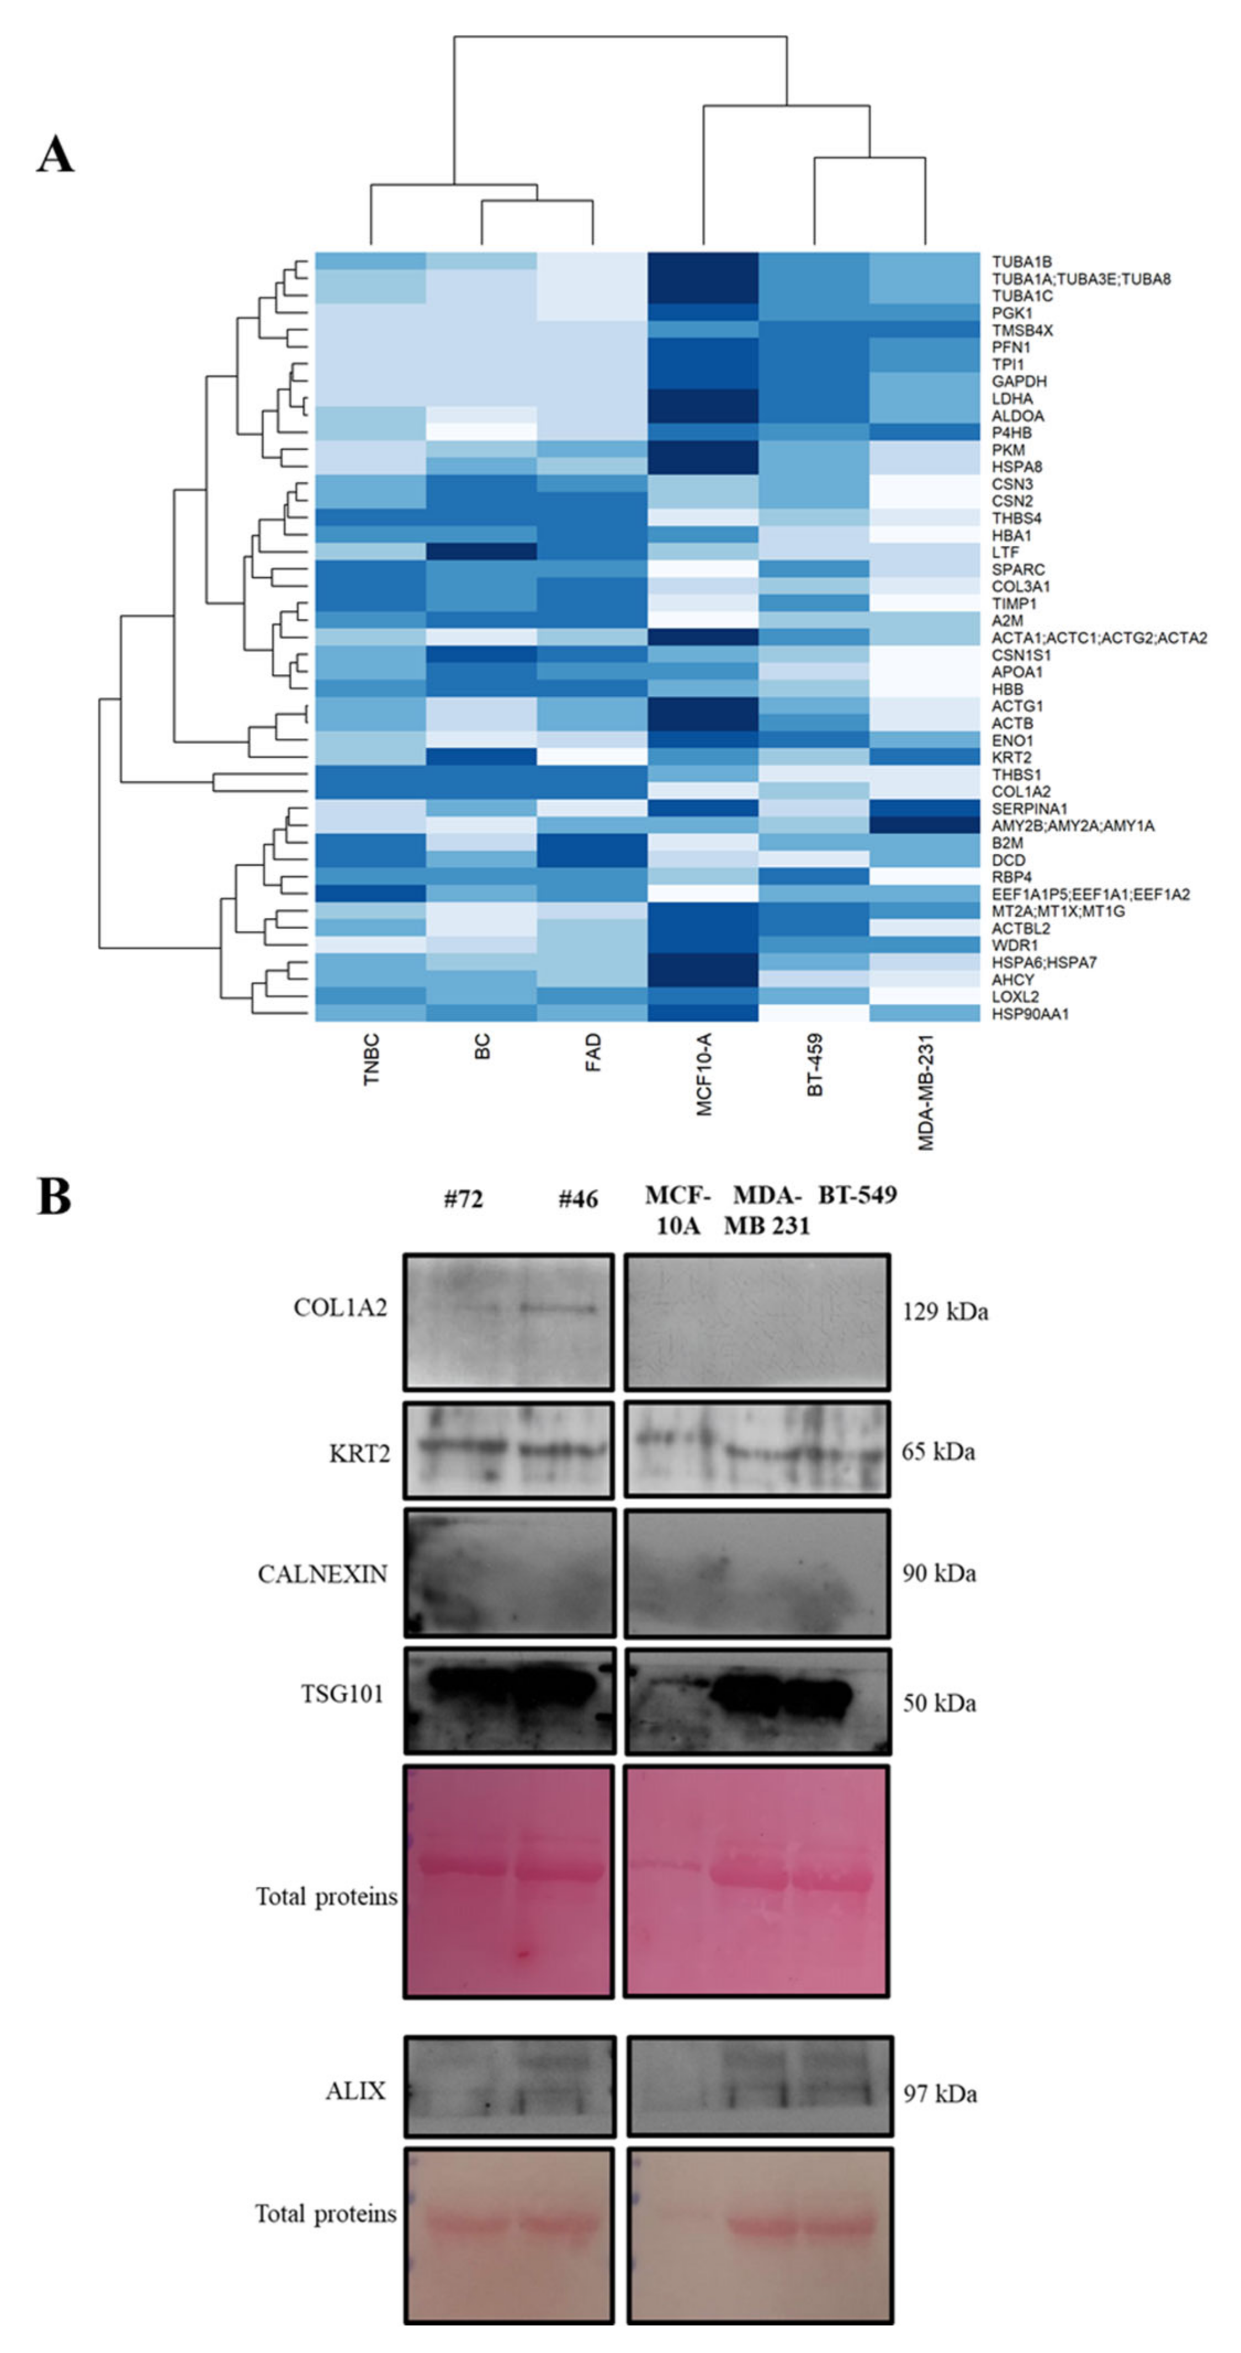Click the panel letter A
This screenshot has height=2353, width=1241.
[55, 155]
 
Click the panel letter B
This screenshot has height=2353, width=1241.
[54, 1196]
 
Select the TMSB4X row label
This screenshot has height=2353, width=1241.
[1022, 330]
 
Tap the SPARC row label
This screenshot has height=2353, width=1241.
[1018, 569]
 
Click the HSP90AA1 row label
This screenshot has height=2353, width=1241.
[1030, 1014]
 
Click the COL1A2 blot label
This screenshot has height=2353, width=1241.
[340, 1308]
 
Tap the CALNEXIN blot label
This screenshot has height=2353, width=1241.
[322, 1574]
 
